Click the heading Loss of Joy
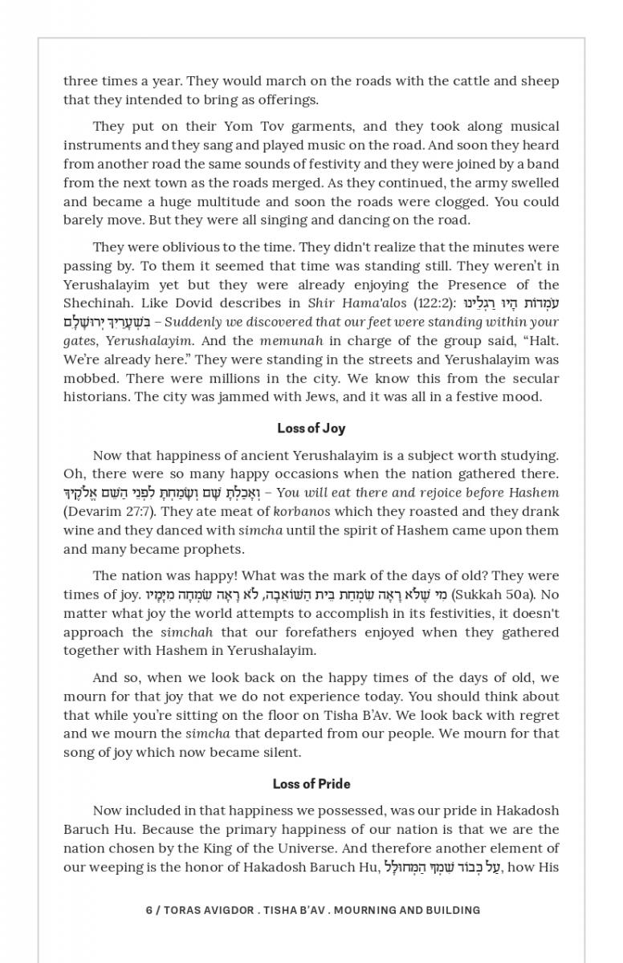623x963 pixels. (311, 429)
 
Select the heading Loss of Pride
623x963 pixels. (311, 784)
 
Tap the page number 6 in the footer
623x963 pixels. (149, 910)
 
